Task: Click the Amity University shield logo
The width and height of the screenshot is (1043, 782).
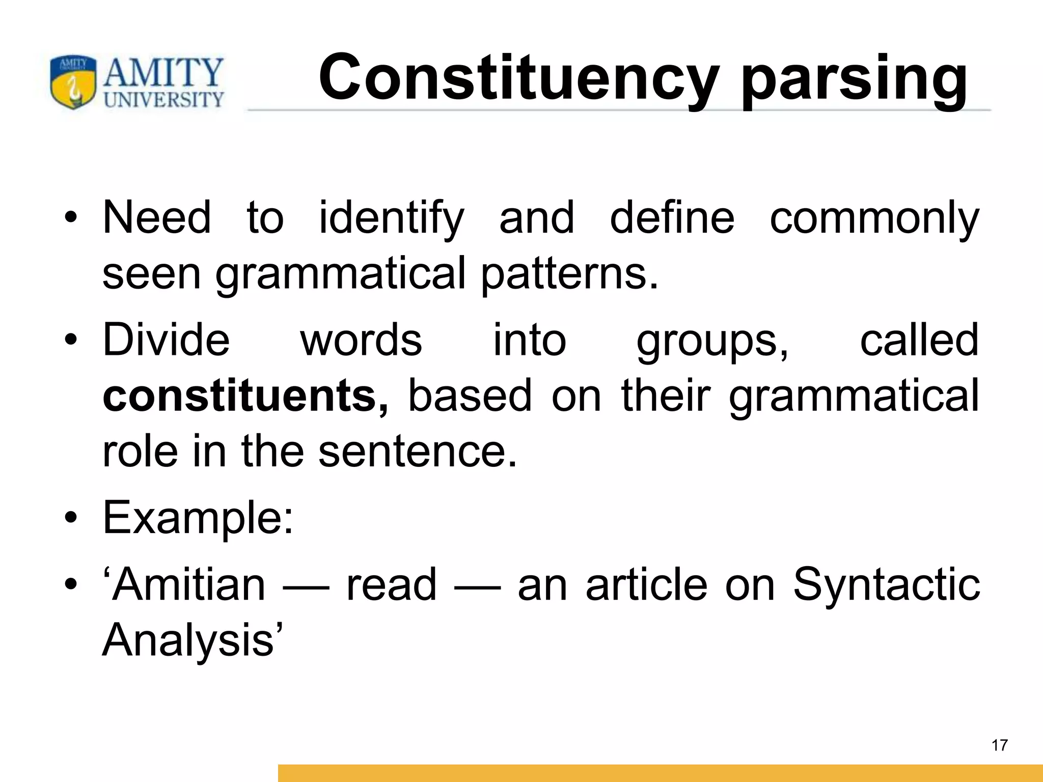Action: tap(73, 82)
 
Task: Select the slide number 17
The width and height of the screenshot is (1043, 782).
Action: tap(1000, 745)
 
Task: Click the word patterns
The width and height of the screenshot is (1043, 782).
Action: tap(569, 274)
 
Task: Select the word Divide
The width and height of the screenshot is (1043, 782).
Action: tap(166, 340)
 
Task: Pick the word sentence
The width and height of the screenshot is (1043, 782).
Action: tap(418, 451)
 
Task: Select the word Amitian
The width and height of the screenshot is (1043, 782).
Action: tap(188, 585)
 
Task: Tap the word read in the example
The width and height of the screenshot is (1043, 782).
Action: tap(391, 585)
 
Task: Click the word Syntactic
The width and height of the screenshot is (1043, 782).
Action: tap(886, 585)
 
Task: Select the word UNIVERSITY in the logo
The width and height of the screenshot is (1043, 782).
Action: tap(164, 99)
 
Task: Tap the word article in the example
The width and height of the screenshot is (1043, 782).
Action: tap(646, 585)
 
